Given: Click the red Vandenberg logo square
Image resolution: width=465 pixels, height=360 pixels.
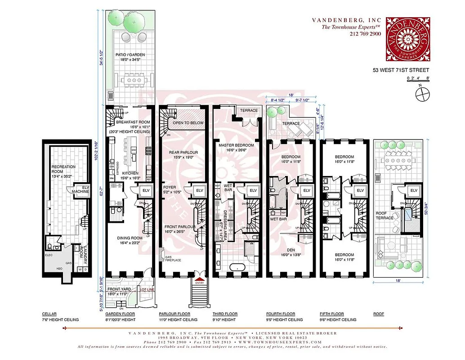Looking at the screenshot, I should point(407,39).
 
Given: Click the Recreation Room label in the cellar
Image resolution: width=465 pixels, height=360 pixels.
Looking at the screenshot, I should point(63,169).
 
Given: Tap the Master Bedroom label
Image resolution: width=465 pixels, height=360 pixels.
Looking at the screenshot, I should point(236,148).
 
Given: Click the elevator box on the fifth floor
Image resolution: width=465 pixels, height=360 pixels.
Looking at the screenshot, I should point(360,191).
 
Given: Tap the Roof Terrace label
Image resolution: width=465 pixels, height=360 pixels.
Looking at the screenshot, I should point(385,215).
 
